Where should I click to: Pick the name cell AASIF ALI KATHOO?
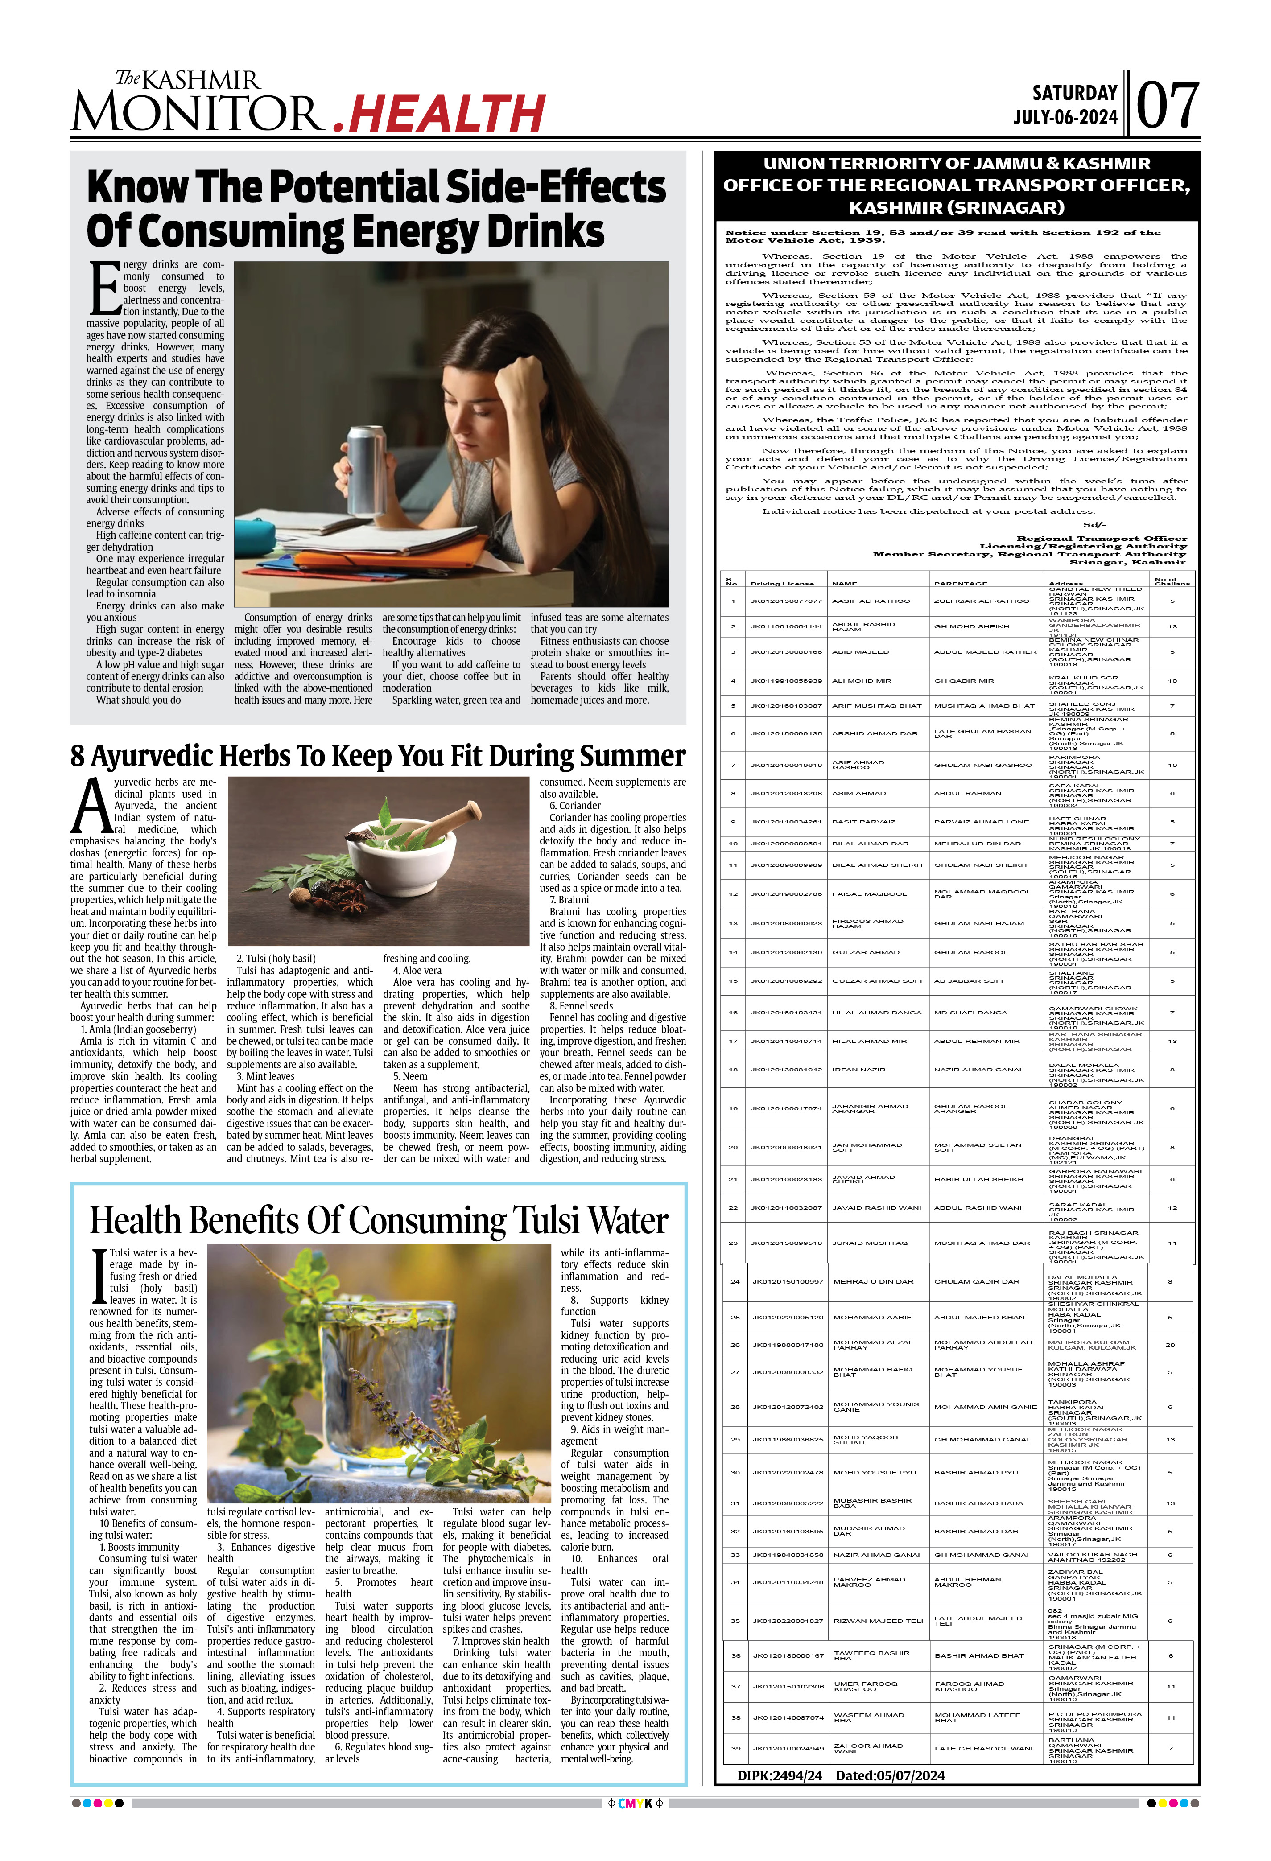point(871,601)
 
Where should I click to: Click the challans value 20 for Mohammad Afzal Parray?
point(1170,1345)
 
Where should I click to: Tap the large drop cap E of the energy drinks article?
point(104,288)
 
